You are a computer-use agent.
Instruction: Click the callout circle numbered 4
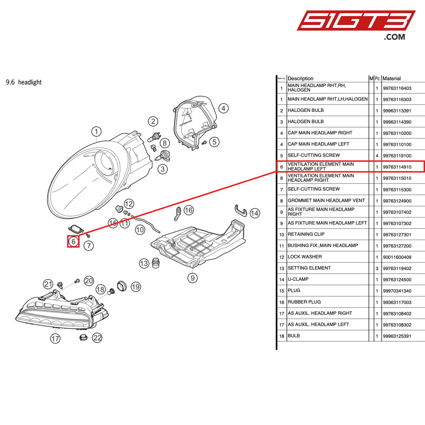(223, 108)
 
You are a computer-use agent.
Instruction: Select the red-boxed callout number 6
(73, 241)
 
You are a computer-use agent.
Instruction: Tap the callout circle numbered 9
(193, 278)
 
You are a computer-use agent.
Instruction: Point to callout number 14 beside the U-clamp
(254, 213)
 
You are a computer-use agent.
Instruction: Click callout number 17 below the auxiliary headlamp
(55, 338)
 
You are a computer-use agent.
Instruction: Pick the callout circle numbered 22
(97, 338)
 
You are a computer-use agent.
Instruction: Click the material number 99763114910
(397, 167)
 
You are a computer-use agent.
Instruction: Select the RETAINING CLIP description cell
(306, 234)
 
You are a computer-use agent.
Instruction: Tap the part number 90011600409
(397, 257)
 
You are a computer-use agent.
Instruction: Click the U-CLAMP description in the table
(298, 279)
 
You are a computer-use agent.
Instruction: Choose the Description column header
(300, 78)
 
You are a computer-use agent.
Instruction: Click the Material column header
(392, 78)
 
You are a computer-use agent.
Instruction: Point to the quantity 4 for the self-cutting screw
(377, 156)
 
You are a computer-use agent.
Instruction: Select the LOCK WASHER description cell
(305, 257)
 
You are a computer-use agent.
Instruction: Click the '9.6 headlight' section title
(24, 82)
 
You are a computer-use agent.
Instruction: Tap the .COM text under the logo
(394, 37)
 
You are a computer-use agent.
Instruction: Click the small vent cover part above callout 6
(76, 228)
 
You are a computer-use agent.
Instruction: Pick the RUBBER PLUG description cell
(304, 302)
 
